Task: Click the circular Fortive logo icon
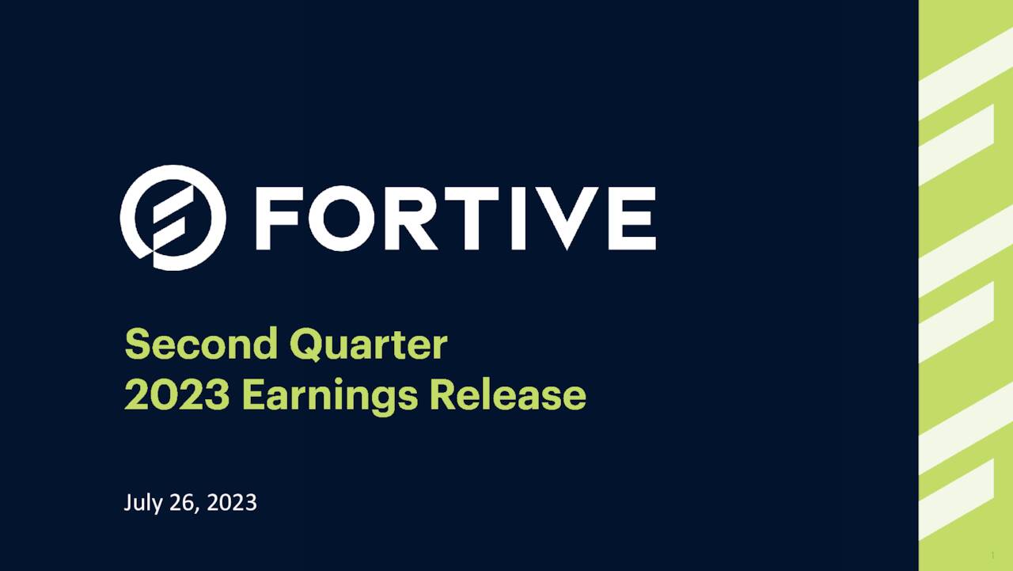(x=173, y=218)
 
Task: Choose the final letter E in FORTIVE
(x=635, y=219)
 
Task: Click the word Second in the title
(x=201, y=345)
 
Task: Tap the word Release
(x=507, y=395)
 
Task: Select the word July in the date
(x=142, y=503)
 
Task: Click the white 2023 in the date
(x=231, y=503)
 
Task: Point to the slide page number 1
(x=992, y=556)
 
